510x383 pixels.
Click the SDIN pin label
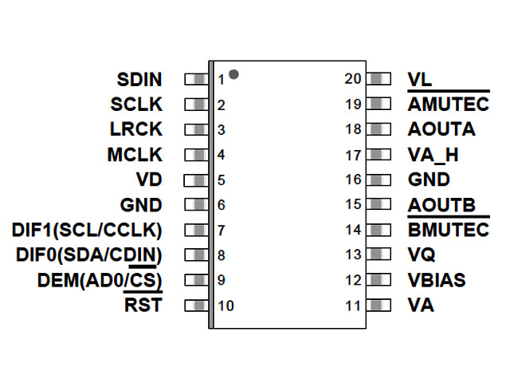coord(139,80)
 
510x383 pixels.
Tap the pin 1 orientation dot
coord(233,74)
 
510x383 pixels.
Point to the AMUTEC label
coord(447,105)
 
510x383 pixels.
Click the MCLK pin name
coord(135,155)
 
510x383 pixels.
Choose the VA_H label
coord(433,155)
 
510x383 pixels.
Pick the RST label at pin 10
coord(143,305)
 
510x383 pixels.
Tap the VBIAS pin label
coord(437,280)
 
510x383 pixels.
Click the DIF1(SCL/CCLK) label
coord(87,230)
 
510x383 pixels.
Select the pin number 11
coord(354,305)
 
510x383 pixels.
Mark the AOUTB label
coord(441,205)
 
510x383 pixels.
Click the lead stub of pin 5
coord(195,180)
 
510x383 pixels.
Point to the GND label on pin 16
coord(429,180)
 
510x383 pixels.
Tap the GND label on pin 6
coord(140,205)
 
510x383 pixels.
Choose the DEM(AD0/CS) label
coord(100,280)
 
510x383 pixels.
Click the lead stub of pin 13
coord(381,255)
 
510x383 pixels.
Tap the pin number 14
coord(354,230)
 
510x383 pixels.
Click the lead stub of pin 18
coord(381,129)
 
